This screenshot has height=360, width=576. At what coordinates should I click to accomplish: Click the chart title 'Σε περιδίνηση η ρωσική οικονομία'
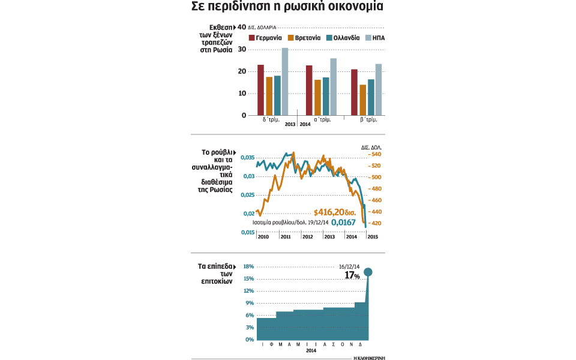click(287, 8)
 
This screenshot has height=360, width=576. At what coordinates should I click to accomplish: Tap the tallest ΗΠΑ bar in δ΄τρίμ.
click(285, 82)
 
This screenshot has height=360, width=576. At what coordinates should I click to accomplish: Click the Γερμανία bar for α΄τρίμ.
click(309, 90)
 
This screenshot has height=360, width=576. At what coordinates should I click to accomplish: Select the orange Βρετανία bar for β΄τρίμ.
click(362, 100)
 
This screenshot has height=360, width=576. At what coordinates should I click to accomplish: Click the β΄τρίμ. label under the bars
click(368, 119)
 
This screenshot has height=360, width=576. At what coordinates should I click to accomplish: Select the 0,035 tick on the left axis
click(247, 158)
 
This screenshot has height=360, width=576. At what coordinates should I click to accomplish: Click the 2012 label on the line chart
click(307, 237)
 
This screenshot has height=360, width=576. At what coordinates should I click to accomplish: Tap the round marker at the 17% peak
click(368, 272)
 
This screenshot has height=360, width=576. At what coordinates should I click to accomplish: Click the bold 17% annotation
click(352, 275)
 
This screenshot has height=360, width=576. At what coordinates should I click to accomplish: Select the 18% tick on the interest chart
click(248, 266)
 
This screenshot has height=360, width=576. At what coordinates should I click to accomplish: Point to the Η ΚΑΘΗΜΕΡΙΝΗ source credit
click(368, 357)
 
